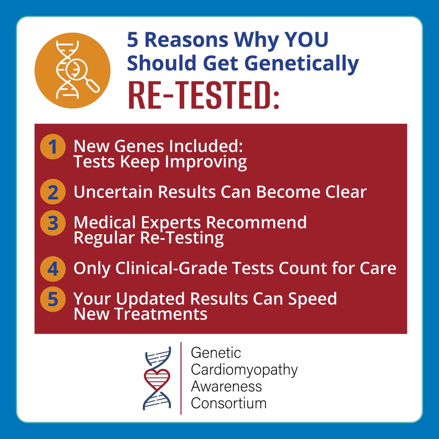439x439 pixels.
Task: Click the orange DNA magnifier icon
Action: (72, 70)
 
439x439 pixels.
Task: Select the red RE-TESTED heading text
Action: (203, 97)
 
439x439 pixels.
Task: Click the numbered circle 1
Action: (53, 147)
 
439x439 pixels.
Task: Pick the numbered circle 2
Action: (53, 192)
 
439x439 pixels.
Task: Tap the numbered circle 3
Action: (53, 223)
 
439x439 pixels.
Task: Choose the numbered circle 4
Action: (53, 269)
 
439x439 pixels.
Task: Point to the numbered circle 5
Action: (53, 299)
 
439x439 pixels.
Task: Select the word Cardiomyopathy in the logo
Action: (244, 369)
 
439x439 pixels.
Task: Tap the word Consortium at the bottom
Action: (229, 403)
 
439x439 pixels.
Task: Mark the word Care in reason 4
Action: (378, 269)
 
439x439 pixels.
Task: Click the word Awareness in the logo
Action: (226, 386)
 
